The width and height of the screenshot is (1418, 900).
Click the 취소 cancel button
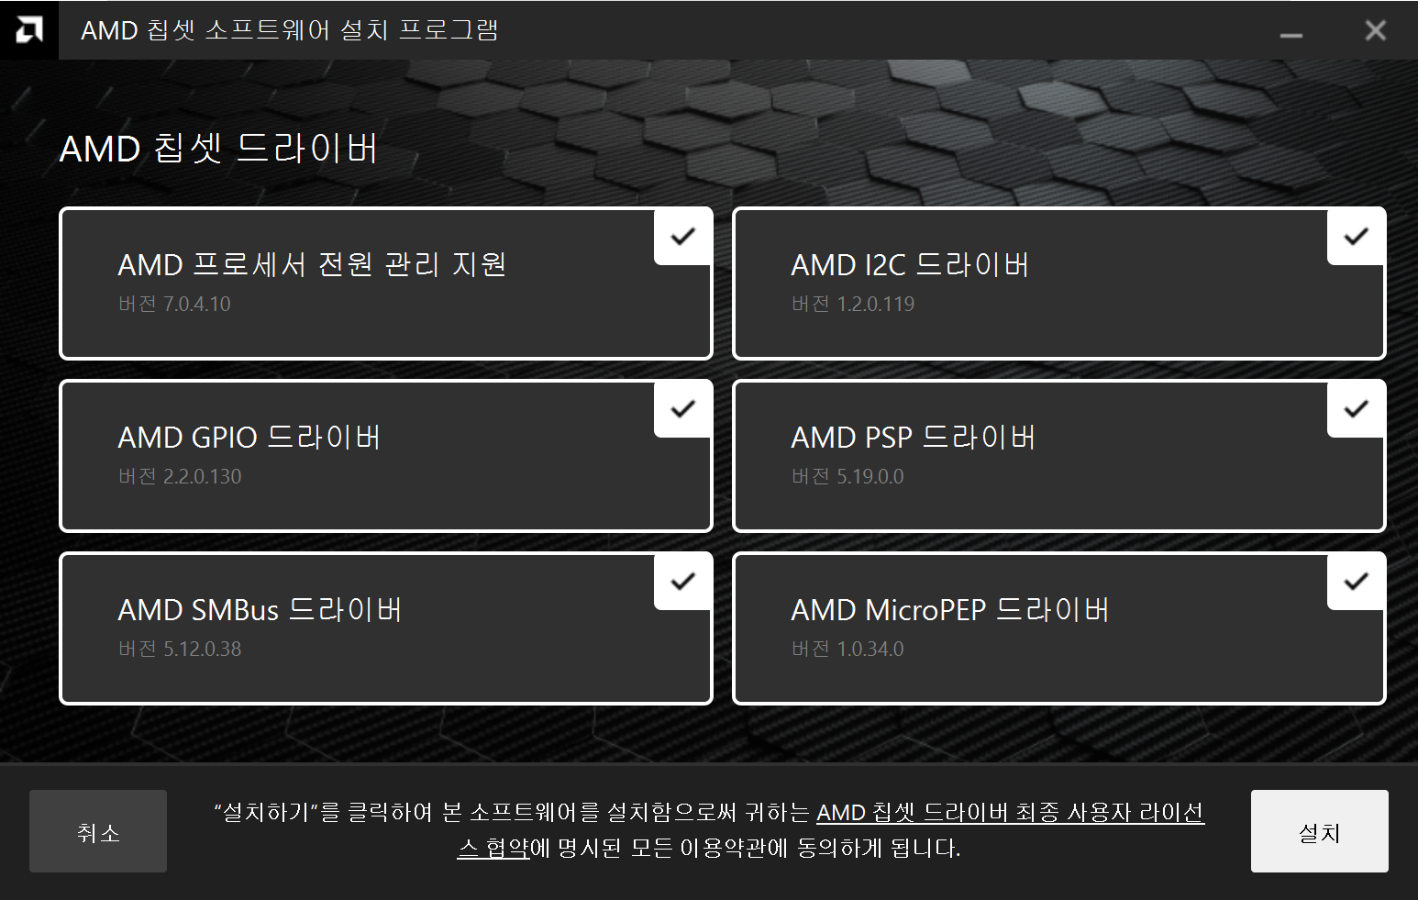click(x=98, y=831)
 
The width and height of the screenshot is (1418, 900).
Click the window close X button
click(x=1375, y=30)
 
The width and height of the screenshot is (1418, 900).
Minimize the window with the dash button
click(x=1291, y=34)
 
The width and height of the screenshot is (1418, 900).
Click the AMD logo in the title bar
click(x=29, y=30)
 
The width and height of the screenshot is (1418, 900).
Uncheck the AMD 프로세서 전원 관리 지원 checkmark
click(x=682, y=237)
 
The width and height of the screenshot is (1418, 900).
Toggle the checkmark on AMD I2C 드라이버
click(x=1356, y=237)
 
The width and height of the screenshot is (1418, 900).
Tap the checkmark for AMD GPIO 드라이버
click(x=682, y=409)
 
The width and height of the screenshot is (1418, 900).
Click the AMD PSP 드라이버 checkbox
click(x=1356, y=409)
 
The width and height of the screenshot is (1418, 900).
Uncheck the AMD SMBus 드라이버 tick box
click(x=682, y=582)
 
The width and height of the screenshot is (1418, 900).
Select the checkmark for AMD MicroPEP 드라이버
click(x=1356, y=582)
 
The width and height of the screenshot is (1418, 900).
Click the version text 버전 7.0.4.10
click(x=174, y=304)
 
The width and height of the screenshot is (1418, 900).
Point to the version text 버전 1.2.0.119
click(x=853, y=304)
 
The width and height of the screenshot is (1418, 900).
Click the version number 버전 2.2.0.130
click(x=180, y=476)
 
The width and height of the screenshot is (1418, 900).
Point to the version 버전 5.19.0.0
click(x=847, y=476)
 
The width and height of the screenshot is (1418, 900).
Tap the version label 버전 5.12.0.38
click(x=180, y=649)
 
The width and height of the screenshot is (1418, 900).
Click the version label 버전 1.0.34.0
click(x=847, y=649)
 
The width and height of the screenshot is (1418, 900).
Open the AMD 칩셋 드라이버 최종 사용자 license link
click(x=1009, y=813)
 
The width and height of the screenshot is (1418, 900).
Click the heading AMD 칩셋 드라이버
click(x=218, y=149)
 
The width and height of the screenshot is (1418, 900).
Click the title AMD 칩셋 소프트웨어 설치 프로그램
click(x=289, y=30)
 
